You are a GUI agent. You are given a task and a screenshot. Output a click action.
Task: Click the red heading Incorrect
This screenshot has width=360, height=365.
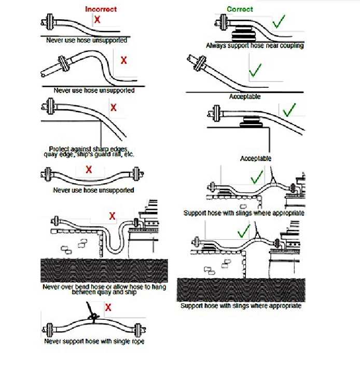[x=101, y=9]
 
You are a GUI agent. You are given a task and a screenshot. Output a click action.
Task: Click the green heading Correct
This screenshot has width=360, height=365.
[x=240, y=9]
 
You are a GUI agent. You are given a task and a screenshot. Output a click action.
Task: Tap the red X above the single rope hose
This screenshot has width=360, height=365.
[x=108, y=308]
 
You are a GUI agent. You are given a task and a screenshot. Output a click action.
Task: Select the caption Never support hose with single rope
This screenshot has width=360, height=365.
[x=94, y=341]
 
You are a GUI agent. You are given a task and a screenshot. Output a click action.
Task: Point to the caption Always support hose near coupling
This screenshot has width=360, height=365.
[x=255, y=45]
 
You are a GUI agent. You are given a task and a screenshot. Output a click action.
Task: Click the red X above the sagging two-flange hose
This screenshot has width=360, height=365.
[x=89, y=169]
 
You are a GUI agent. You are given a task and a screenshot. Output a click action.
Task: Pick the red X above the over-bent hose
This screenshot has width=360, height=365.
[x=112, y=215]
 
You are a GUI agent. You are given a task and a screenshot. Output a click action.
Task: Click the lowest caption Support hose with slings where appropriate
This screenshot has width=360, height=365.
[x=241, y=306]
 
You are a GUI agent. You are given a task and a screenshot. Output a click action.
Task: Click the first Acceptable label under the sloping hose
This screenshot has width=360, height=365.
[x=245, y=97]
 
